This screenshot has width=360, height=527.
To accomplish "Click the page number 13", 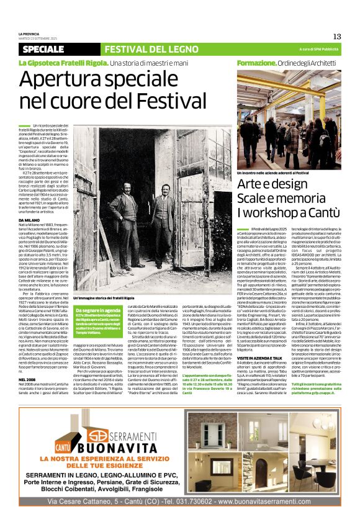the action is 336,37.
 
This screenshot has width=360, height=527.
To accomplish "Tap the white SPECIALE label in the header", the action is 43,49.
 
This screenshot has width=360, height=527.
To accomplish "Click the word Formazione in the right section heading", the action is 255,63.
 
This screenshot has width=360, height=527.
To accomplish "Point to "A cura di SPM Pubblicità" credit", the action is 316,49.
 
